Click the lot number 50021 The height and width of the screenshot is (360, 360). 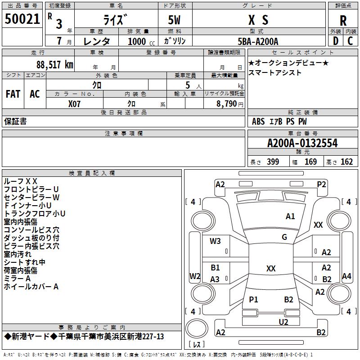click(22, 19)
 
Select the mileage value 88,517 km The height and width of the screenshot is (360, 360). click(55, 64)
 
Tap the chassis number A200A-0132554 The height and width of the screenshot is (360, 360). click(302, 143)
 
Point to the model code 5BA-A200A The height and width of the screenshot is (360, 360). click(258, 41)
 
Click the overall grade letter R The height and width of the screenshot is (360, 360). click(343, 21)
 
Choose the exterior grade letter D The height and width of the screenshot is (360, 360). click(336, 41)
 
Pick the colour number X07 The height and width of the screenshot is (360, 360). click(74, 104)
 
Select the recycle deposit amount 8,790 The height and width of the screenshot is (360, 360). click(227, 103)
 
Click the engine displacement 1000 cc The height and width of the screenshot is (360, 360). click(141, 41)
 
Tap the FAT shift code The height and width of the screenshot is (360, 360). click(13, 94)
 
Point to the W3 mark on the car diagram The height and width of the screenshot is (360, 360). click(215, 241)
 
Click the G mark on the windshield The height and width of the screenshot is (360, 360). click(284, 237)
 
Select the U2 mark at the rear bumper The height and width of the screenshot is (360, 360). click(283, 322)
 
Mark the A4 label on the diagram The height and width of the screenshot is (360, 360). click(346, 276)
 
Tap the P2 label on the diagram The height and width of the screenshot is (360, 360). click(321, 184)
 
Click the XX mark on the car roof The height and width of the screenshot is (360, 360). click(271, 268)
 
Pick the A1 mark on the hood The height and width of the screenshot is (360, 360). click(290, 216)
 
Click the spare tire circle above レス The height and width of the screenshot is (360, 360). click(197, 328)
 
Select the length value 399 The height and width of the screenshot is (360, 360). click(273, 162)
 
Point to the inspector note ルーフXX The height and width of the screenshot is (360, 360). click(20, 181)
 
